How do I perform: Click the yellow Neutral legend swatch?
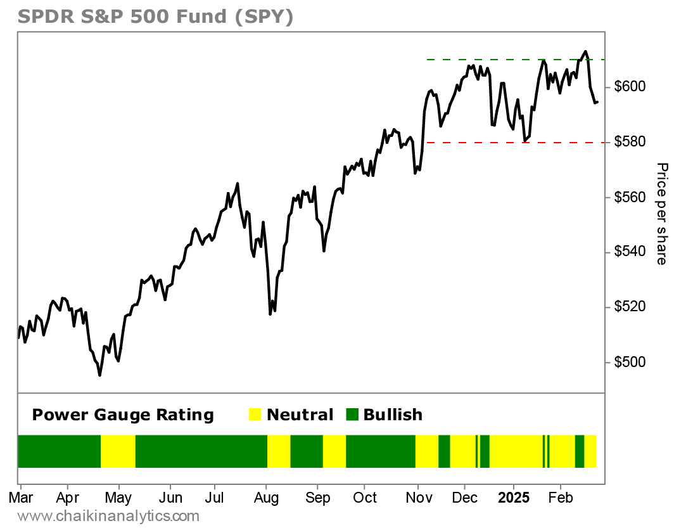255,415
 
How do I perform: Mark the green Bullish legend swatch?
352,415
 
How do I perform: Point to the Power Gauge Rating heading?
123,415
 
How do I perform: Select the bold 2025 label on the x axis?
512,498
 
